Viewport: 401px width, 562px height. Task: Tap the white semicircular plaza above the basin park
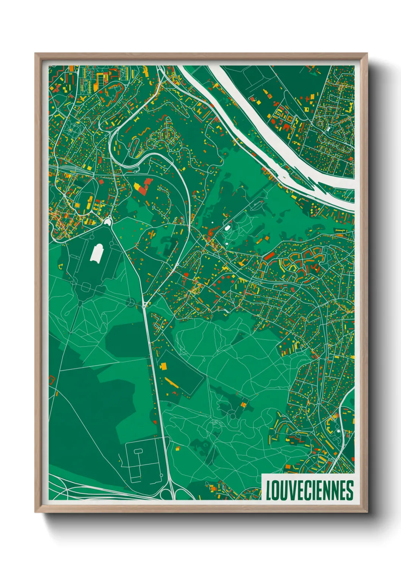108,221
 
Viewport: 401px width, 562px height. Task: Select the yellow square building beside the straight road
164,366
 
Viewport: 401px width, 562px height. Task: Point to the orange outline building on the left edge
52,379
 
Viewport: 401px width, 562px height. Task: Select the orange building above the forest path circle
244,405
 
